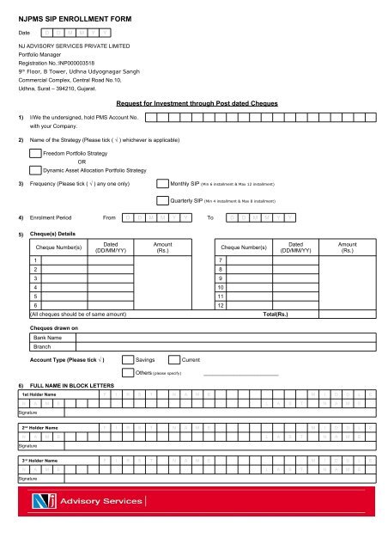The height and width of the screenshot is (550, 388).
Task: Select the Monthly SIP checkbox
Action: pos(163,183)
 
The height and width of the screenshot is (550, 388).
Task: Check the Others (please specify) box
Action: pos(141,374)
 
